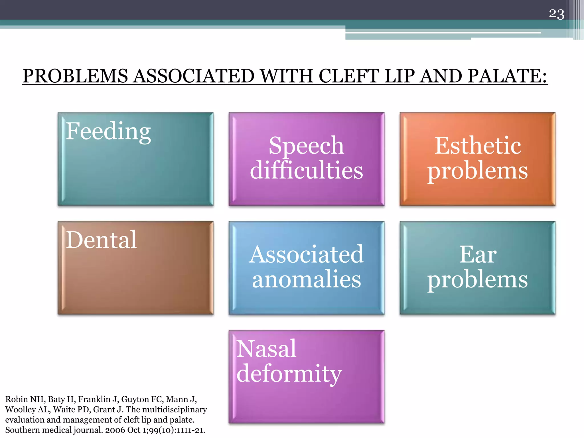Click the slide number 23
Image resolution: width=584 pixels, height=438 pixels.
(x=556, y=14)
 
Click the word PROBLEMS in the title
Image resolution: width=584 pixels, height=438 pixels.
(x=75, y=76)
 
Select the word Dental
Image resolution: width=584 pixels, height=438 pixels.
(x=101, y=240)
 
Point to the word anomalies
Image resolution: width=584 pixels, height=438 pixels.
(x=306, y=279)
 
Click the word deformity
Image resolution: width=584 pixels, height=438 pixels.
(x=289, y=374)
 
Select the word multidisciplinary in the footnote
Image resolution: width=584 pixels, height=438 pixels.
(x=175, y=409)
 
